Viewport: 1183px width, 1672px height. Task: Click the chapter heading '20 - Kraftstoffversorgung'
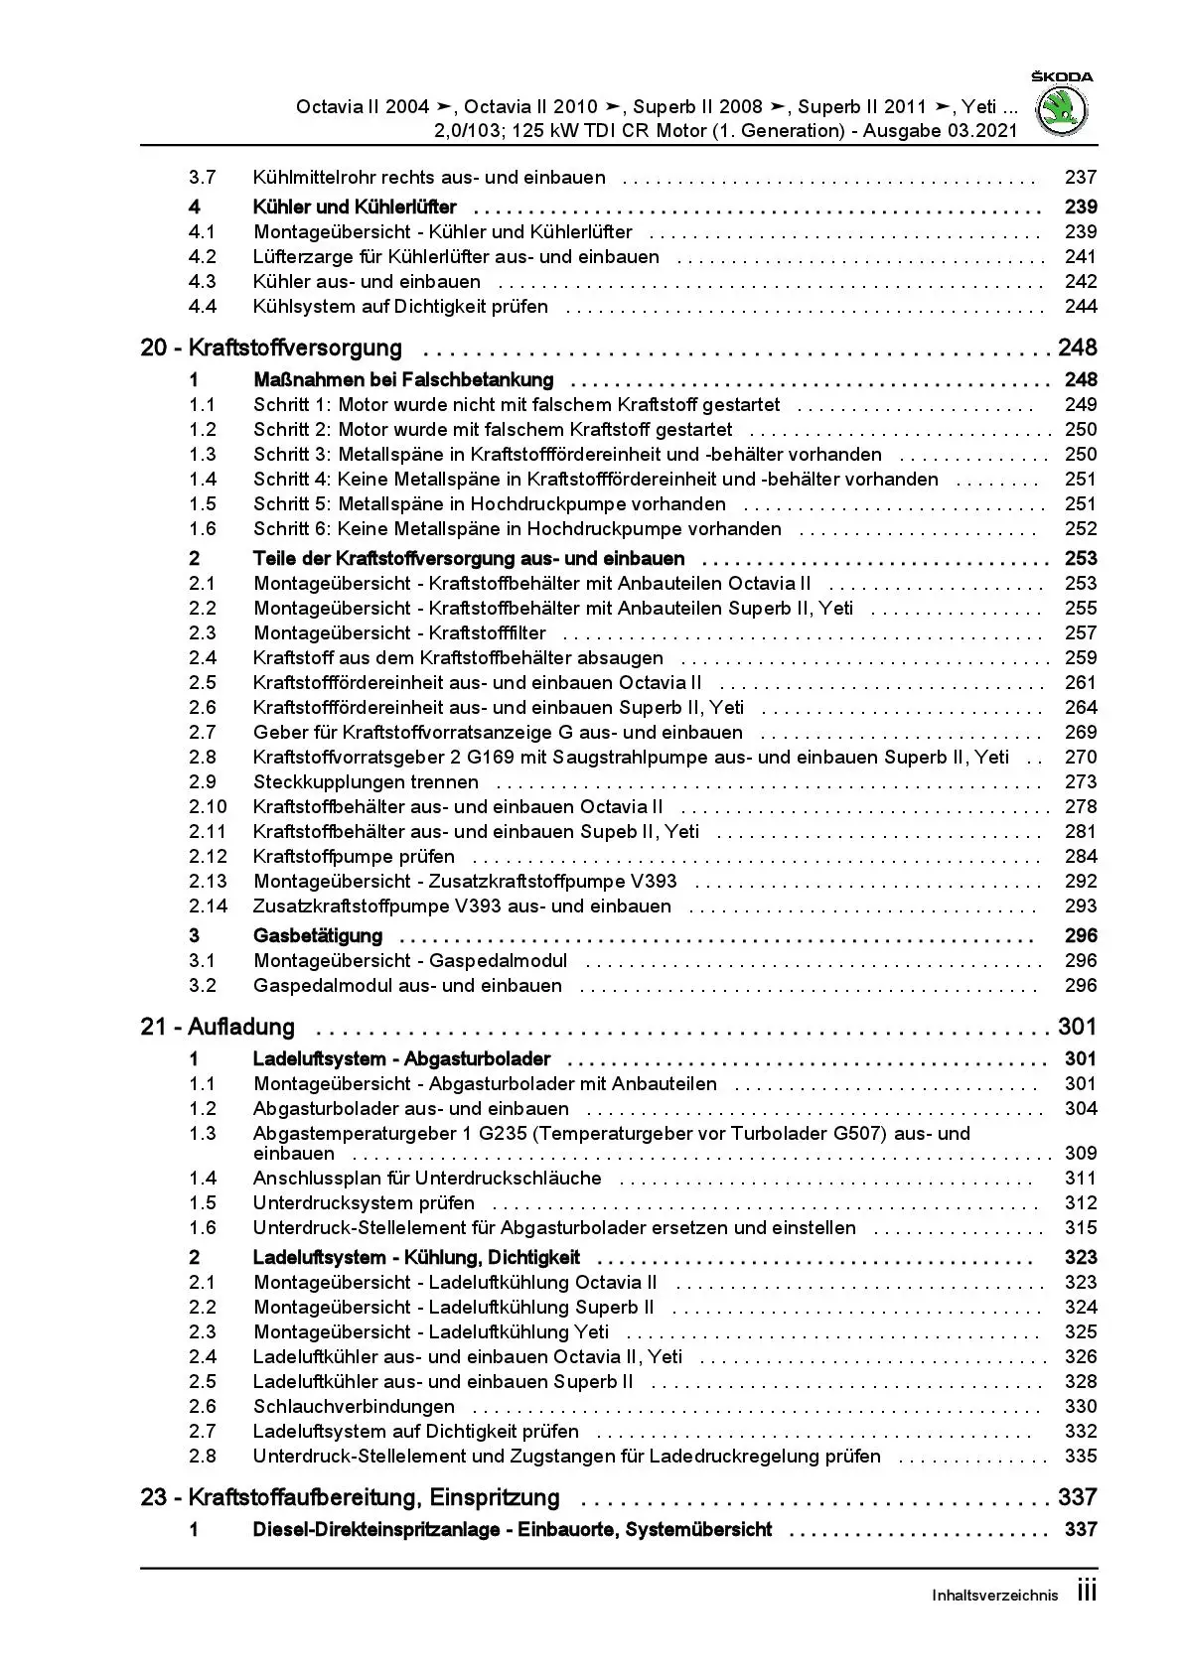(271, 348)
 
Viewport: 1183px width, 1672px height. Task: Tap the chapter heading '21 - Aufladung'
(218, 1028)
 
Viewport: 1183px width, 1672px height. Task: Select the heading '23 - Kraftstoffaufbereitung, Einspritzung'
(350, 1498)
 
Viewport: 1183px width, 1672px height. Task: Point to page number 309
(1080, 1154)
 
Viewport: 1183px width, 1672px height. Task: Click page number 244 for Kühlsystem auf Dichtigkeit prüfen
(1080, 307)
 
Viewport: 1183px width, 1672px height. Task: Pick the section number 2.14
(208, 906)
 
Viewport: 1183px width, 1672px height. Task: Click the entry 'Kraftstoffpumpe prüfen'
(354, 857)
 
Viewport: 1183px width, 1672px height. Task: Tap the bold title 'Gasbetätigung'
(318, 936)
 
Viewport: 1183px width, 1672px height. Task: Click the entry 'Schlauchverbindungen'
(354, 1407)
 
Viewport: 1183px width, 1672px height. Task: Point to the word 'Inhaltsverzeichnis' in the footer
(995, 1596)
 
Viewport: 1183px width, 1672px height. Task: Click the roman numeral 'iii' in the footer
(1087, 1593)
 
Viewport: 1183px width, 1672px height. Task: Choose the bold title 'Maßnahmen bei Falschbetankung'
(403, 380)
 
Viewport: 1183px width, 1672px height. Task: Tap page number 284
(1080, 857)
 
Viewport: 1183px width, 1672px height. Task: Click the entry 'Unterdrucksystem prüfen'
(364, 1203)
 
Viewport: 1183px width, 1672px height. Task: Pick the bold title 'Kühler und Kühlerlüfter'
(355, 208)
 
